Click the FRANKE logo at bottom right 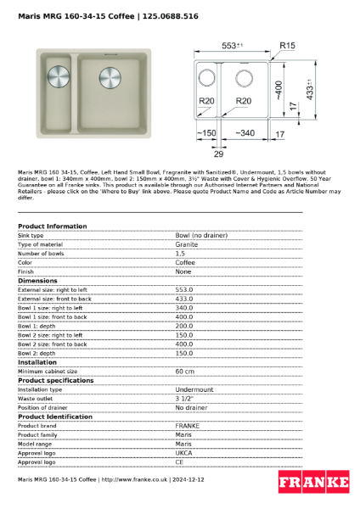tap(313, 483)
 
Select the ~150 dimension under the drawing tap(205, 133)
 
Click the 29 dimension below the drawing tap(218, 154)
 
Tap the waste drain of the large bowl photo tap(111, 75)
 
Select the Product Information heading tap(52, 227)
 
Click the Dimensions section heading tap(37, 280)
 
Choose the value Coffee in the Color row tap(185, 262)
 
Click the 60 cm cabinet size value tap(184, 371)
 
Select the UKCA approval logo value tap(183, 453)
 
